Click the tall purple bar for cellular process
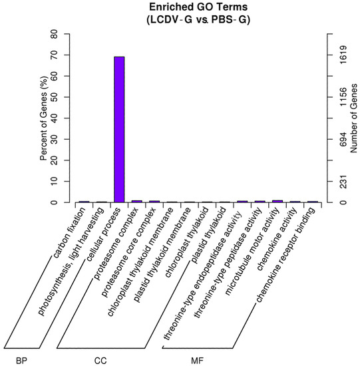click(x=118, y=130)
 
